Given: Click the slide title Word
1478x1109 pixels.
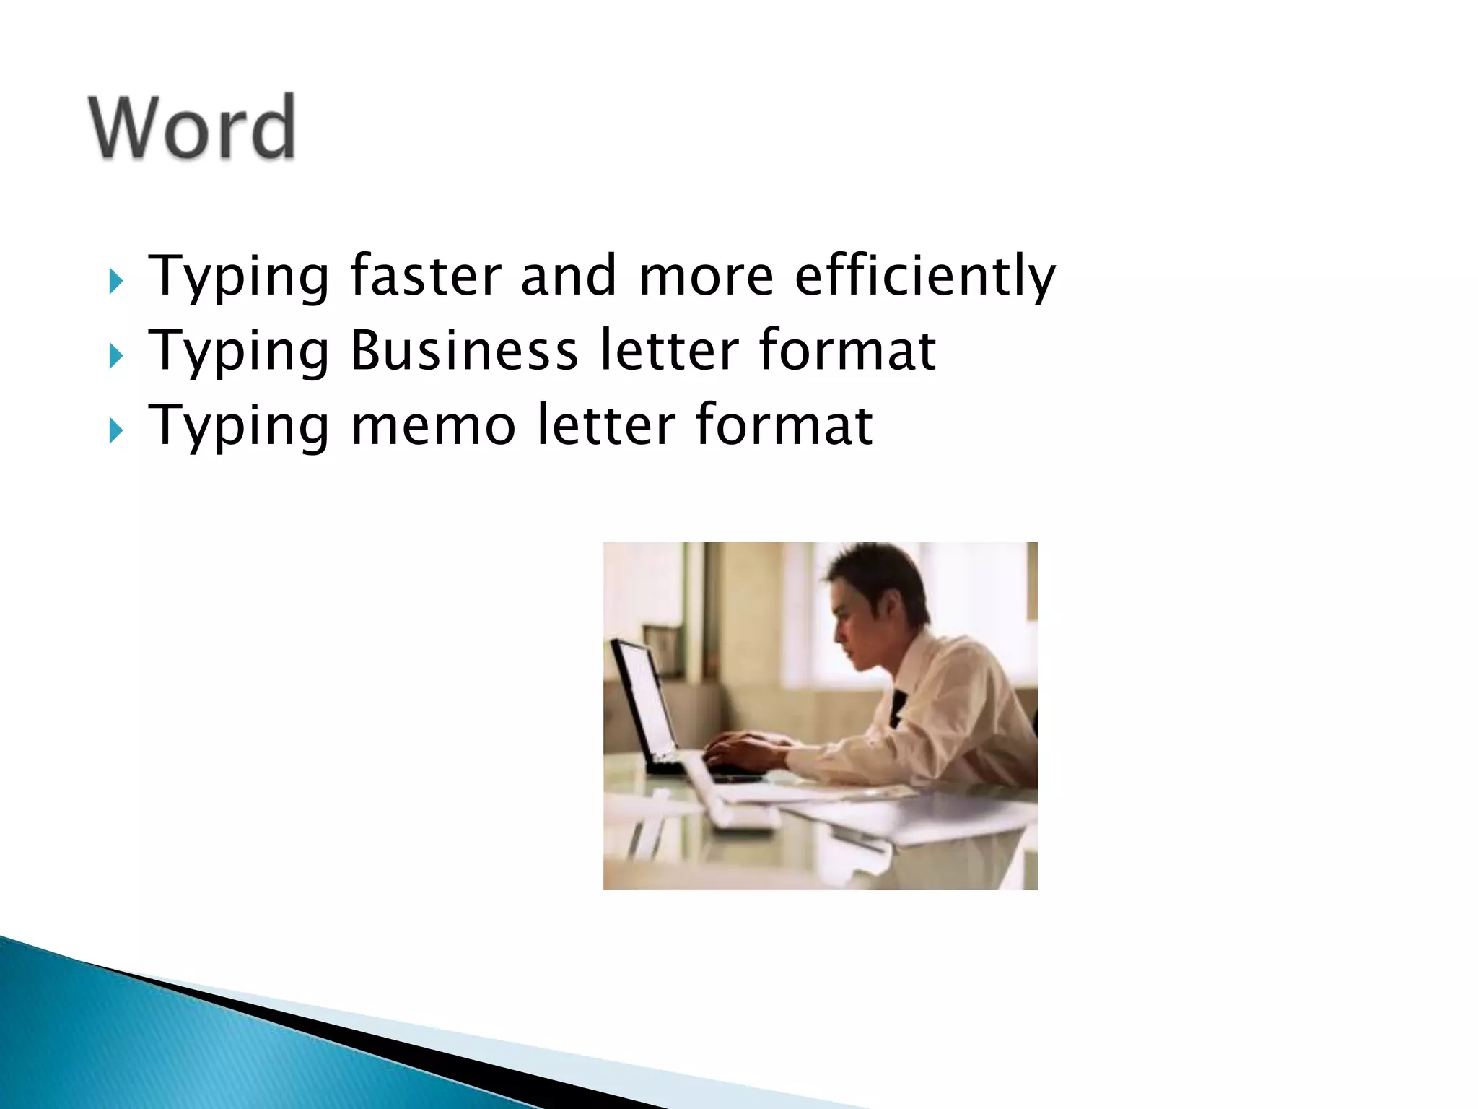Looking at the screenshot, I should click(192, 127).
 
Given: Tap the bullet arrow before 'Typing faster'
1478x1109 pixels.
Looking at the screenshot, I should click(115, 281).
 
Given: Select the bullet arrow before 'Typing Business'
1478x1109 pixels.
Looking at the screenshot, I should click(115, 355).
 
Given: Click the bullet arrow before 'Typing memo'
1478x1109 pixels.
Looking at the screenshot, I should click(115, 430).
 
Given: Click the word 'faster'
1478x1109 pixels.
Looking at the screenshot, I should click(426, 276).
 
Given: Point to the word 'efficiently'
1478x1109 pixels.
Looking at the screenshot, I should click(924, 276).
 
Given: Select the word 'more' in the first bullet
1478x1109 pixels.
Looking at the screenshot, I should click(706, 276).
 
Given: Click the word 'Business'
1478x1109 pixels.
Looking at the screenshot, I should click(464, 351).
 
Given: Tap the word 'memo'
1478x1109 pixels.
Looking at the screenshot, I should click(433, 426).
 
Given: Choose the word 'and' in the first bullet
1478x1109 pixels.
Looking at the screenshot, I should click(568, 276).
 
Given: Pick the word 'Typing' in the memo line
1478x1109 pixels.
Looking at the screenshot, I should click(239, 426).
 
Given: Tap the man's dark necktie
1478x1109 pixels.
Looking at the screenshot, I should click(897, 707).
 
